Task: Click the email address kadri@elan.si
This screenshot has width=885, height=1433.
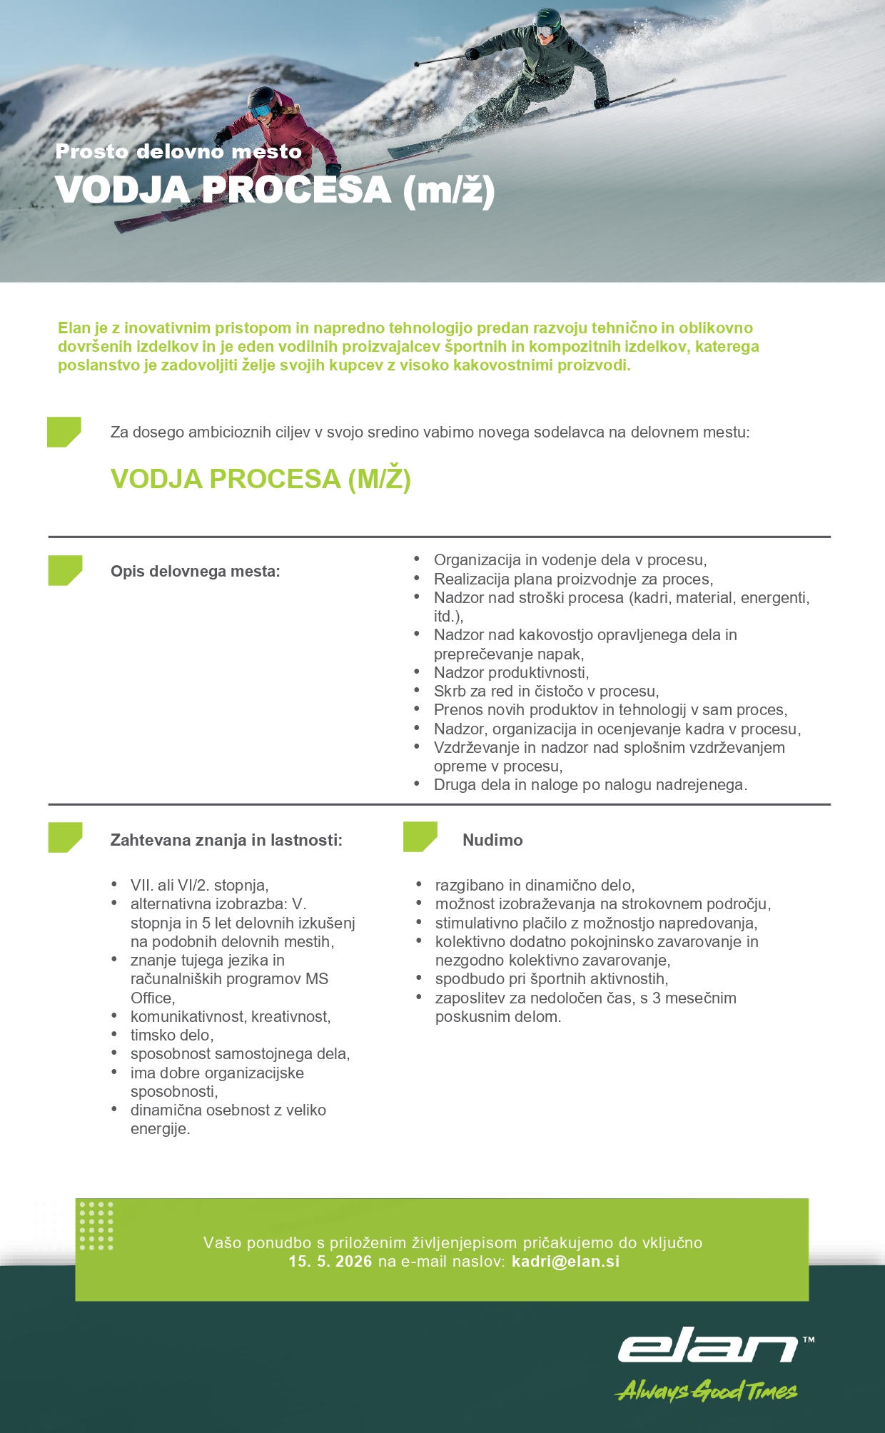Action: [565, 1261]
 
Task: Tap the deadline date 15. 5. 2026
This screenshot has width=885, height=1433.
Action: [330, 1261]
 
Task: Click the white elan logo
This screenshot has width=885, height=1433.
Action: [708, 1345]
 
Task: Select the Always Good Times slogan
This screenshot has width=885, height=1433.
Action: [706, 1390]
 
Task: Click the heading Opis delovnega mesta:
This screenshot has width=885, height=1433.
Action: [195, 571]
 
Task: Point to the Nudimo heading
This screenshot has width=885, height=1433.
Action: [492, 840]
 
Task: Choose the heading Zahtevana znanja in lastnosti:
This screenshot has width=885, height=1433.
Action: [226, 840]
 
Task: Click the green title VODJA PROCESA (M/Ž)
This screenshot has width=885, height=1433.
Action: [261, 479]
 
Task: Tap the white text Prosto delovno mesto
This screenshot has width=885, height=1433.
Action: [178, 151]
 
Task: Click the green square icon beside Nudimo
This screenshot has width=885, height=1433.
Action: [420, 836]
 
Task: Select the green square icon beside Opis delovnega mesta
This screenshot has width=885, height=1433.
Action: [65, 570]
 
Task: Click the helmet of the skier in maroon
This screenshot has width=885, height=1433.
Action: [263, 98]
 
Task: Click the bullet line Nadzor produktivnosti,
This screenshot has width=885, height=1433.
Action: [511, 672]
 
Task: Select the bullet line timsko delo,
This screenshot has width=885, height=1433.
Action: [172, 1035]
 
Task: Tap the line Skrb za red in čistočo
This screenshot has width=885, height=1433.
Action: [546, 691]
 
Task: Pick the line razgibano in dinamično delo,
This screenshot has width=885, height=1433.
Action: [535, 885]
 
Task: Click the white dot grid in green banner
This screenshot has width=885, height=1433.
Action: [96, 1225]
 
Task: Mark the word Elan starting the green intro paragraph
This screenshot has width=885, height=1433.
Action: [74, 328]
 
